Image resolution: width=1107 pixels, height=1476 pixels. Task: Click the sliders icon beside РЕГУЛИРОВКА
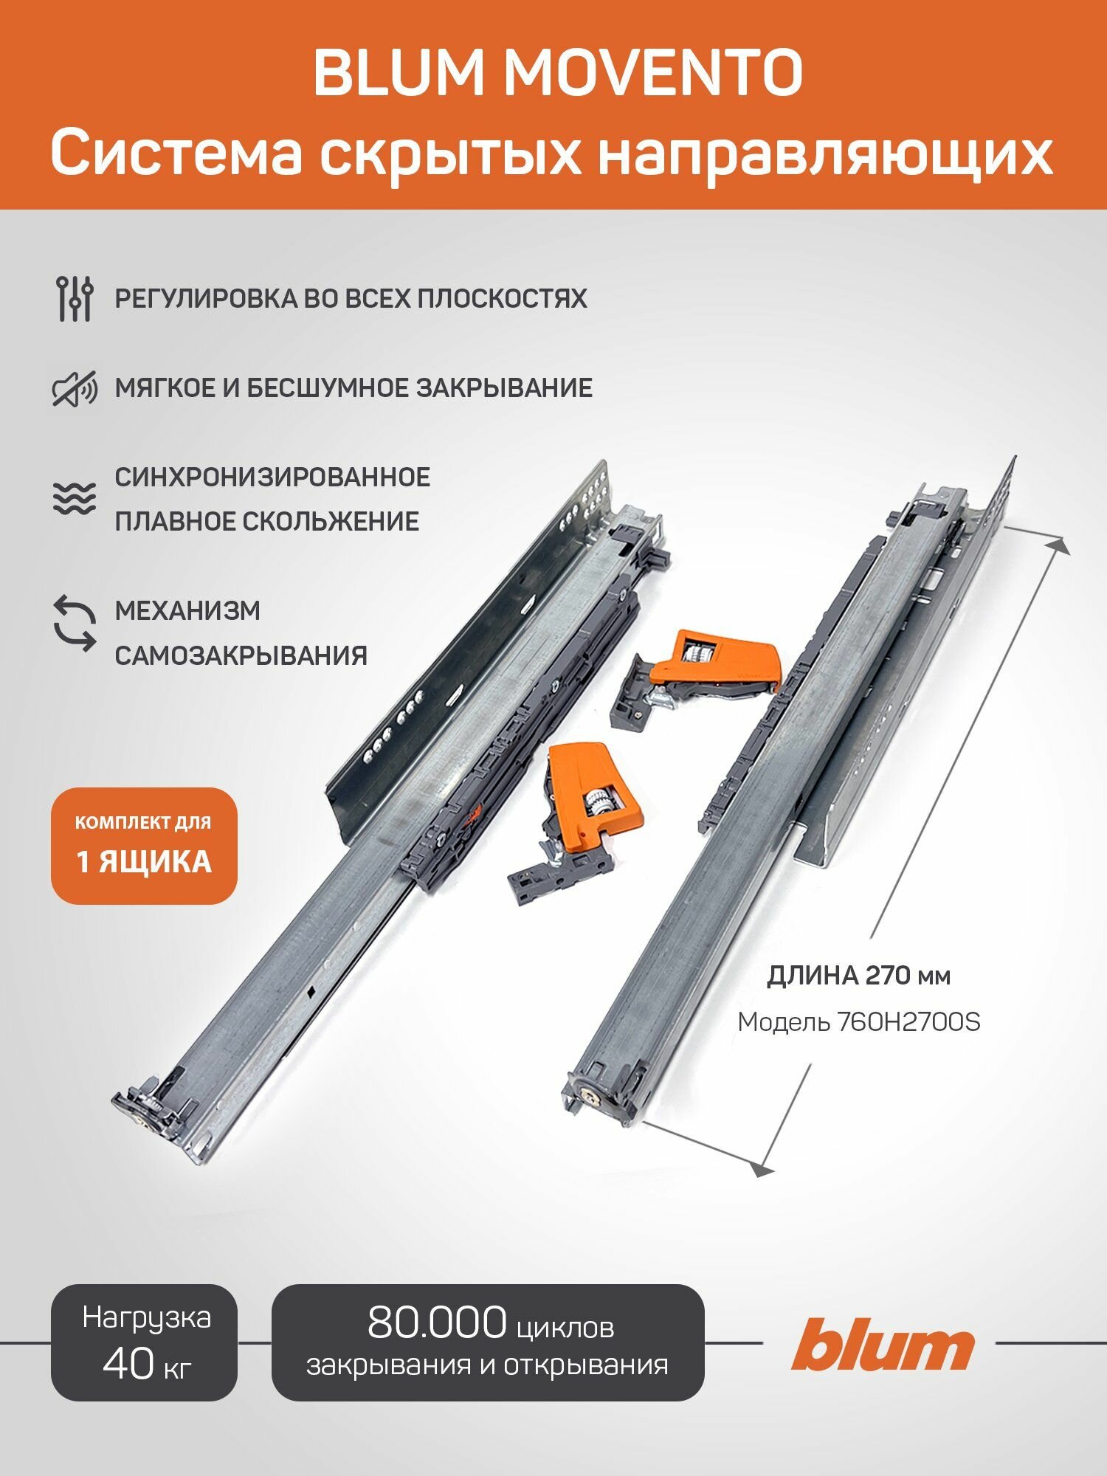(x=75, y=298)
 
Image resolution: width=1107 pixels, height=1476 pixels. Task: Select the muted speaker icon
(x=75, y=388)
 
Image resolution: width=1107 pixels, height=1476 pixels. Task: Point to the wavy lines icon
(x=75, y=498)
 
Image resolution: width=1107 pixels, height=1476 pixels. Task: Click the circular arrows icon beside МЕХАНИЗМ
(x=75, y=624)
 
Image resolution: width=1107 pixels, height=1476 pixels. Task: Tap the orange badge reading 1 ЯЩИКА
(x=144, y=861)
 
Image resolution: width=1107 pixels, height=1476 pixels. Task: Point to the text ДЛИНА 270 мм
(x=859, y=976)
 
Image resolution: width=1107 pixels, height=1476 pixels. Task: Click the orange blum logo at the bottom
(x=883, y=1345)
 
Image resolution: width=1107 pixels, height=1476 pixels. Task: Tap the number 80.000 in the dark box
(x=437, y=1322)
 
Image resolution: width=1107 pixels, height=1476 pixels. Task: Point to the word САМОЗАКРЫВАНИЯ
(x=241, y=655)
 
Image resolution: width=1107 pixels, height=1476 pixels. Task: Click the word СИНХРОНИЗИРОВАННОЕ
(x=272, y=477)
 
